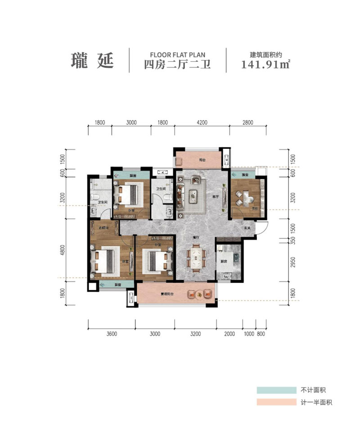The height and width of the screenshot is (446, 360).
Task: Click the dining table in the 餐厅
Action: (x=197, y=257)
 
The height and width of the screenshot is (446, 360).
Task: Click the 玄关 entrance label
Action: (x=247, y=227)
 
